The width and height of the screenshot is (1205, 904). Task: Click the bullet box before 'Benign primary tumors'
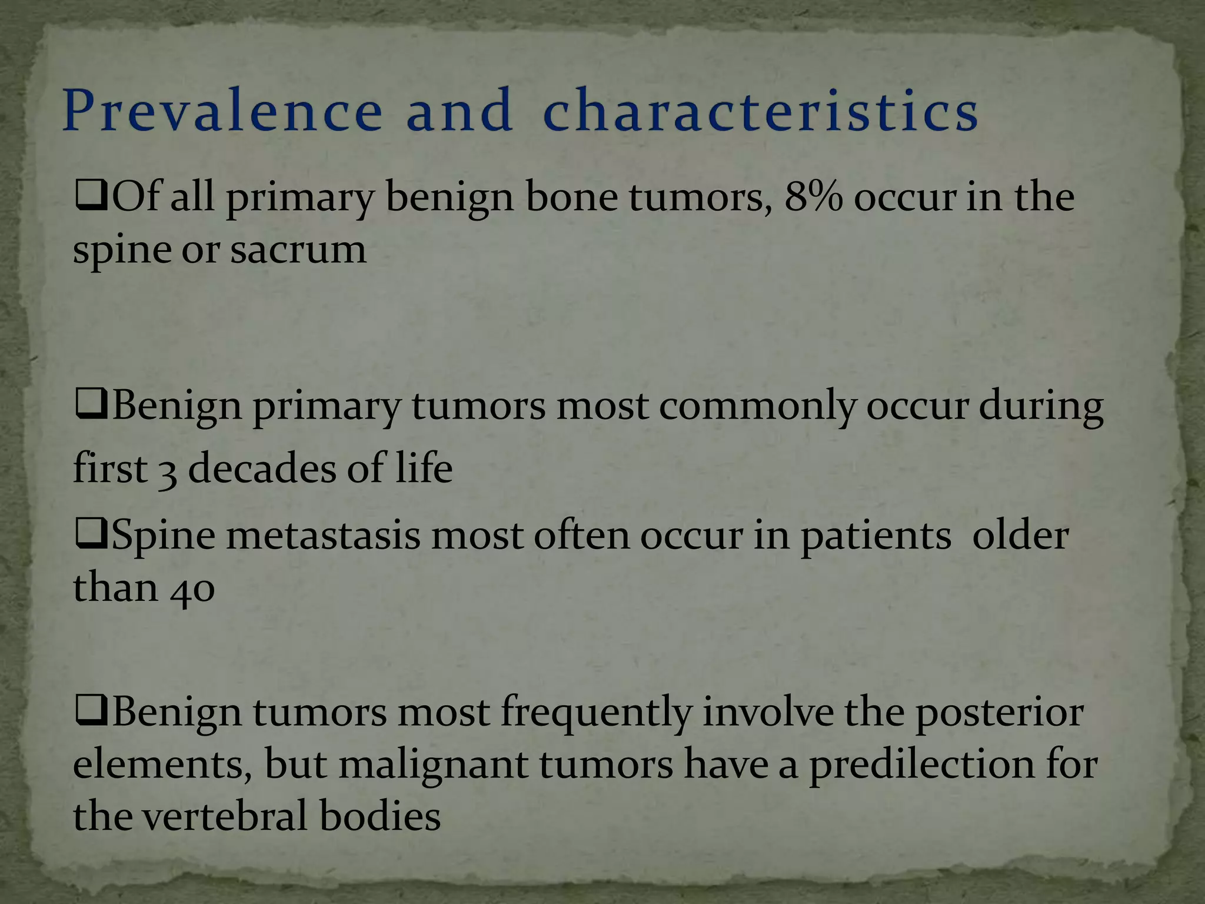(x=91, y=406)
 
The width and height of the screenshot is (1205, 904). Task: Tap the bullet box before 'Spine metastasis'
(x=91, y=536)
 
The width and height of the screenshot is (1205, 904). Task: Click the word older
(x=1020, y=536)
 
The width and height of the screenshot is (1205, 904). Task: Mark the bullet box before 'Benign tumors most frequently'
(x=91, y=713)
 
